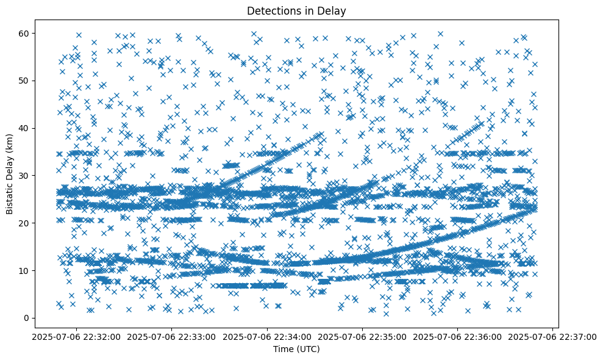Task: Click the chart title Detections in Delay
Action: pyautogui.click(x=296, y=10)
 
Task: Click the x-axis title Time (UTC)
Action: pyautogui.click(x=296, y=350)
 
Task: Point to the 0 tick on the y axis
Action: pyautogui.click(x=26, y=318)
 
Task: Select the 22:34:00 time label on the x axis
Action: pyautogui.click(x=266, y=336)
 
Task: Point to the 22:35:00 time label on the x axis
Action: pyautogui.click(x=362, y=336)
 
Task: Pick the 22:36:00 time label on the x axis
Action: pyautogui.click(x=458, y=336)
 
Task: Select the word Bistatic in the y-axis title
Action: pyautogui.click(x=10, y=196)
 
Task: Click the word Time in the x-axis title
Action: pyautogui.click(x=282, y=350)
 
